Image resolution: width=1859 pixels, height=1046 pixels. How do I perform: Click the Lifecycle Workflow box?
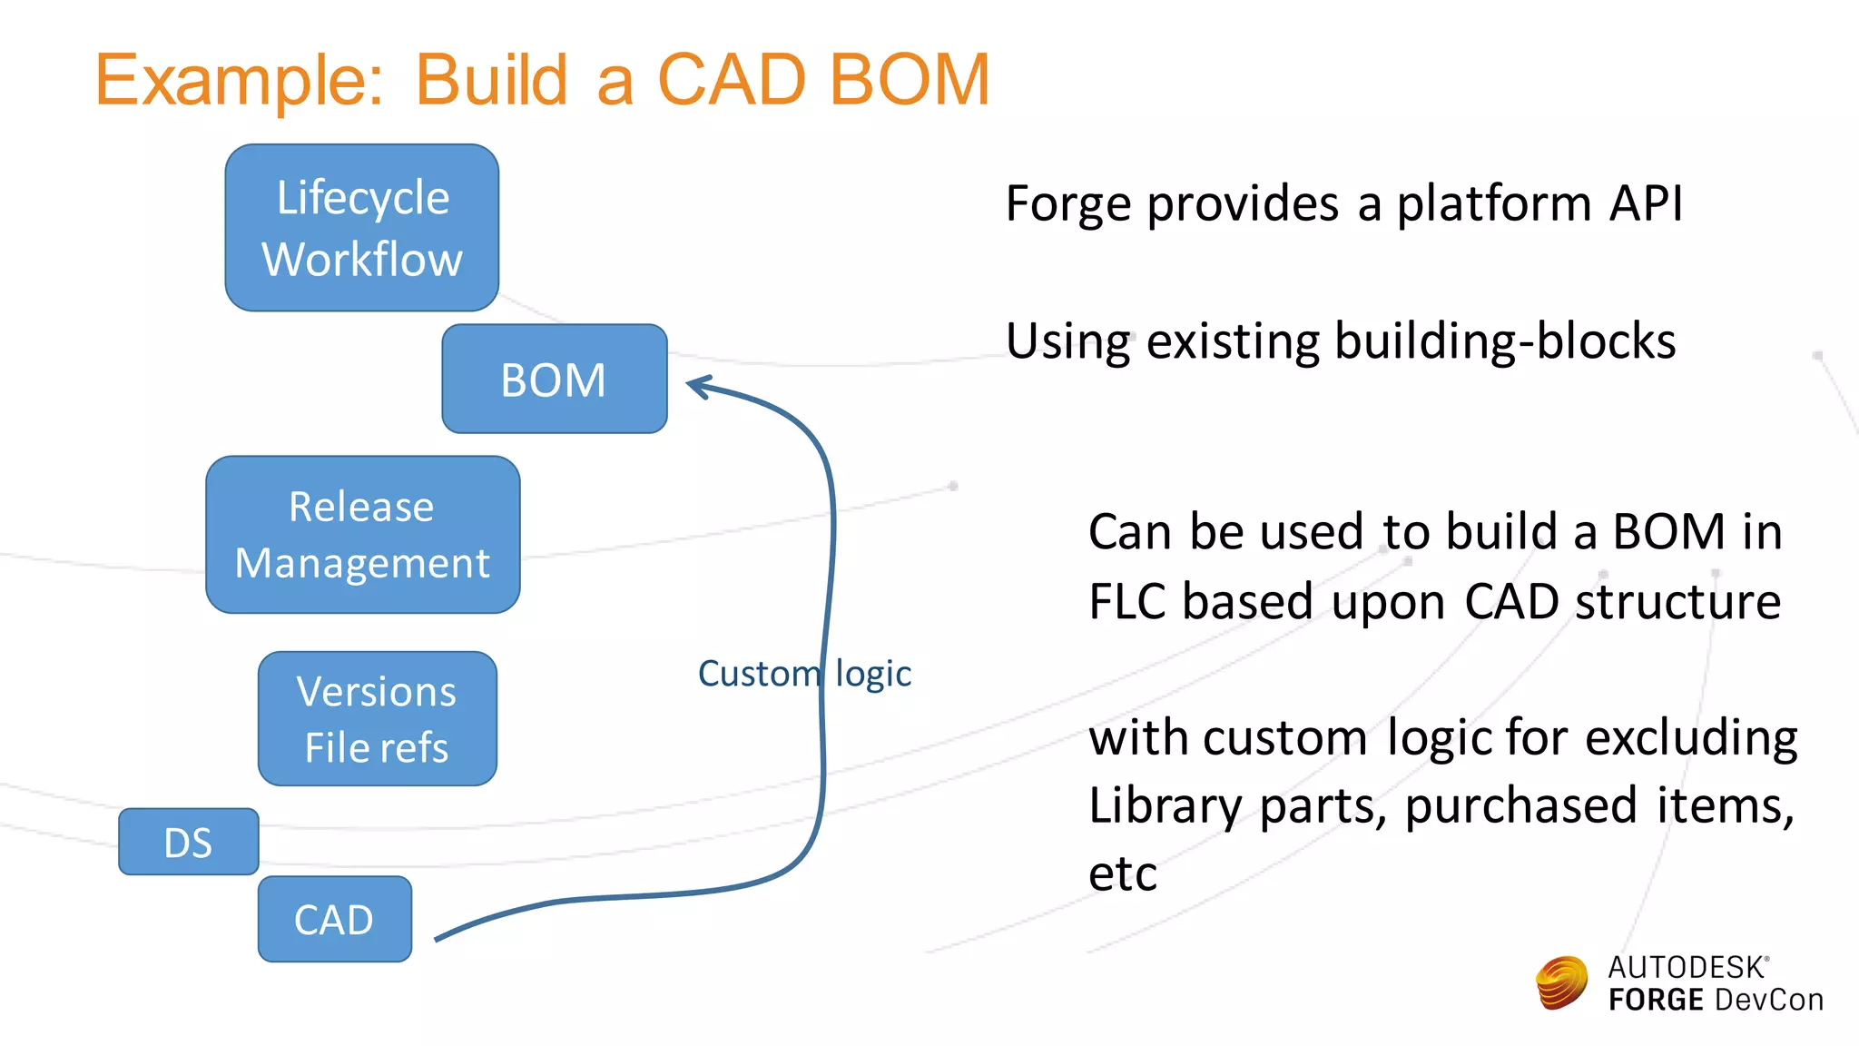pos(361,228)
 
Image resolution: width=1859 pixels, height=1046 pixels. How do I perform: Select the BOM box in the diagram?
pos(554,379)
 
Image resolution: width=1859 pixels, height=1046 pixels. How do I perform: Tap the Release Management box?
pos(362,535)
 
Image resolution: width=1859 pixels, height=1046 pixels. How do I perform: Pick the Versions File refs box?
pos(377,718)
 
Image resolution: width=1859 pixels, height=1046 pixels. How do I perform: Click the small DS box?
pos(188,842)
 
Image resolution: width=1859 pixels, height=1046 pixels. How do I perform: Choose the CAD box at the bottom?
pos(334,919)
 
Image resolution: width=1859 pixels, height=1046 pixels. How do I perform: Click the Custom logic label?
pos(803,674)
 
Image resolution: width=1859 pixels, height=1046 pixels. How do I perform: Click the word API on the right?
pos(1645,202)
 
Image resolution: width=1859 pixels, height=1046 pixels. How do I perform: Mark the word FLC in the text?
pos(1126,602)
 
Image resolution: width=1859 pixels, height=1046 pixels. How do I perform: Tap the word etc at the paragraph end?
pos(1122,874)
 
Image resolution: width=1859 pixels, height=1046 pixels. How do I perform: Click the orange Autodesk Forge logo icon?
pos(1561,982)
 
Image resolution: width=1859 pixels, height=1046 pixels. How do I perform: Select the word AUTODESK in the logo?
pos(1686,967)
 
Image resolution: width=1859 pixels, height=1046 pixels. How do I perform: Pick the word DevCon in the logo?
pos(1768,1000)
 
